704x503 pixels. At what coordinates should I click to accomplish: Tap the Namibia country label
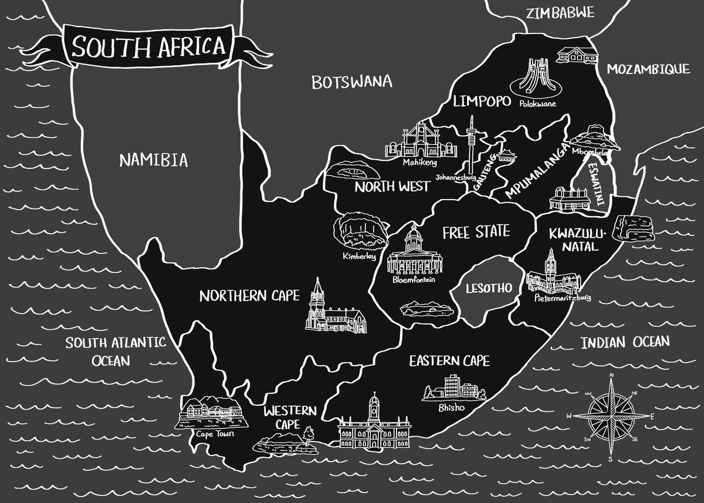tap(154, 160)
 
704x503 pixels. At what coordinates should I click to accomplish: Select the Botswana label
tap(351, 82)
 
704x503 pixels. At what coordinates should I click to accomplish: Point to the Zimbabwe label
tap(560, 13)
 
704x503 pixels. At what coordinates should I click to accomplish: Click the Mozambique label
tap(648, 69)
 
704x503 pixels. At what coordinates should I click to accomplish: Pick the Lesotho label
tap(489, 288)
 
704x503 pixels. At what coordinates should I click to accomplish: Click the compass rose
tap(611, 416)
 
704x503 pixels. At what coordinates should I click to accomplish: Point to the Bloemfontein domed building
tap(413, 252)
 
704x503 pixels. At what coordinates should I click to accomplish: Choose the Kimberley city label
tap(359, 256)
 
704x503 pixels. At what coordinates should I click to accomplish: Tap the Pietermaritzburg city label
tap(563, 298)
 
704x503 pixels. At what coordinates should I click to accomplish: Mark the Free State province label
tap(476, 232)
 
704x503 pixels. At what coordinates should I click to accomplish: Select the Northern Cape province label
tap(249, 295)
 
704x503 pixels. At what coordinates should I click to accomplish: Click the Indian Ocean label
tap(625, 342)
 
